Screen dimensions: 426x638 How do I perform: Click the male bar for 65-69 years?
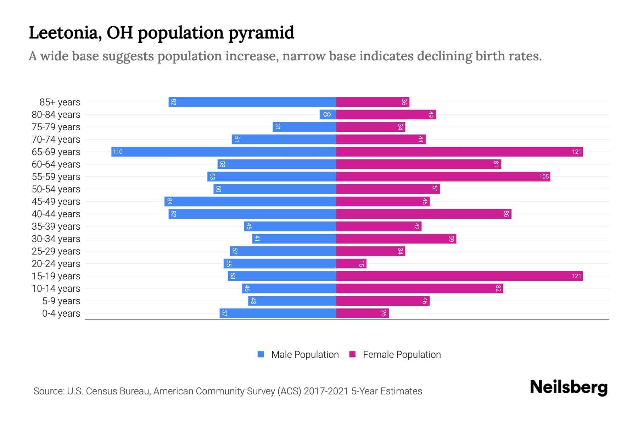pyautogui.click(x=223, y=152)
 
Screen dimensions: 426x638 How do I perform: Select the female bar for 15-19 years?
pyautogui.click(x=459, y=276)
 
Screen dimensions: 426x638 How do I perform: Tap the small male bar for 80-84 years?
pyautogui.click(x=328, y=115)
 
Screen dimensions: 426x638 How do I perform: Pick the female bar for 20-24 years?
pyautogui.click(x=351, y=264)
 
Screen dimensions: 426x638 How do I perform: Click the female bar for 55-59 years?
pyautogui.click(x=443, y=177)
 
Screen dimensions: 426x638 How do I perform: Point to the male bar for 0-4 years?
pyautogui.click(x=278, y=313)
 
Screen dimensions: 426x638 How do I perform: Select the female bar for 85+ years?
pyautogui.click(x=372, y=102)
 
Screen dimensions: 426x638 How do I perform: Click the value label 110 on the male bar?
pyautogui.click(x=118, y=152)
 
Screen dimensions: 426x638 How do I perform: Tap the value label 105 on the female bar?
pyautogui.click(x=544, y=177)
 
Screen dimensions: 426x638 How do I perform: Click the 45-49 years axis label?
pyautogui.click(x=56, y=202)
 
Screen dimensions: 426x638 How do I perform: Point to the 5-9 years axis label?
pyautogui.click(x=61, y=301)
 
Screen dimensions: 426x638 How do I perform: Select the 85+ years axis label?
pyautogui.click(x=60, y=102)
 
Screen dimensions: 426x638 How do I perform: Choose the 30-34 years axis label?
pyautogui.click(x=56, y=239)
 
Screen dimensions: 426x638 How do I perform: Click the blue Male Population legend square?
pyautogui.click(x=261, y=354)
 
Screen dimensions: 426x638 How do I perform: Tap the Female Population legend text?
pyautogui.click(x=402, y=355)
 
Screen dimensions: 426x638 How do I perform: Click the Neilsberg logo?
pyautogui.click(x=569, y=387)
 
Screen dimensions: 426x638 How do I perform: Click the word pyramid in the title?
pyautogui.click(x=261, y=33)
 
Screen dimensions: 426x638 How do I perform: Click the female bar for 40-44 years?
pyautogui.click(x=424, y=214)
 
